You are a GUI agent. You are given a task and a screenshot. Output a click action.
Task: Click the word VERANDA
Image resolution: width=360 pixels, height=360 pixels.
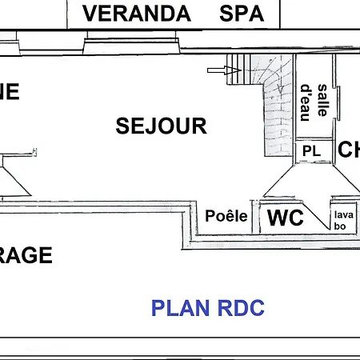[138, 14]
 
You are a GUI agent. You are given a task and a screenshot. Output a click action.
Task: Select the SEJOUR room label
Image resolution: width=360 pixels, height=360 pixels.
[161, 126]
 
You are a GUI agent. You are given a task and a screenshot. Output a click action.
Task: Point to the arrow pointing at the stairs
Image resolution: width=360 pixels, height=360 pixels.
[217, 71]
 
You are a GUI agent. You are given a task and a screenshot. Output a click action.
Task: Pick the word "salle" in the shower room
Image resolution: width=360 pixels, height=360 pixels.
[322, 100]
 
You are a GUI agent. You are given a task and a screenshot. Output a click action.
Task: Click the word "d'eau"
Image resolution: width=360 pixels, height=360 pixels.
[305, 102]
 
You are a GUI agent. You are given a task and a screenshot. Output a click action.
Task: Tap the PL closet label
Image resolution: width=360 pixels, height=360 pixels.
[310, 150]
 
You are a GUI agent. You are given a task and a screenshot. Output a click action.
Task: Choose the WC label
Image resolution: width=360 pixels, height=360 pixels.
[286, 218]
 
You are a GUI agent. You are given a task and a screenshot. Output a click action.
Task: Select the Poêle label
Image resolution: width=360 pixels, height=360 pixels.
[226, 216]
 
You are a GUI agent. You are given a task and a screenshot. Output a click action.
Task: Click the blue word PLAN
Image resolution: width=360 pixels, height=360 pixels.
[182, 308]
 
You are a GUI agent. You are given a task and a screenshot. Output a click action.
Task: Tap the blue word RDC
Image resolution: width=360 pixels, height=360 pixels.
[241, 308]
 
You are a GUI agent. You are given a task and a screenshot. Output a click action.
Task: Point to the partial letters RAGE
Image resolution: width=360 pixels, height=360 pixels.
[26, 256]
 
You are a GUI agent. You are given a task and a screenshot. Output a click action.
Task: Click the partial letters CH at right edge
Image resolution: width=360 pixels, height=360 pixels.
[350, 150]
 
